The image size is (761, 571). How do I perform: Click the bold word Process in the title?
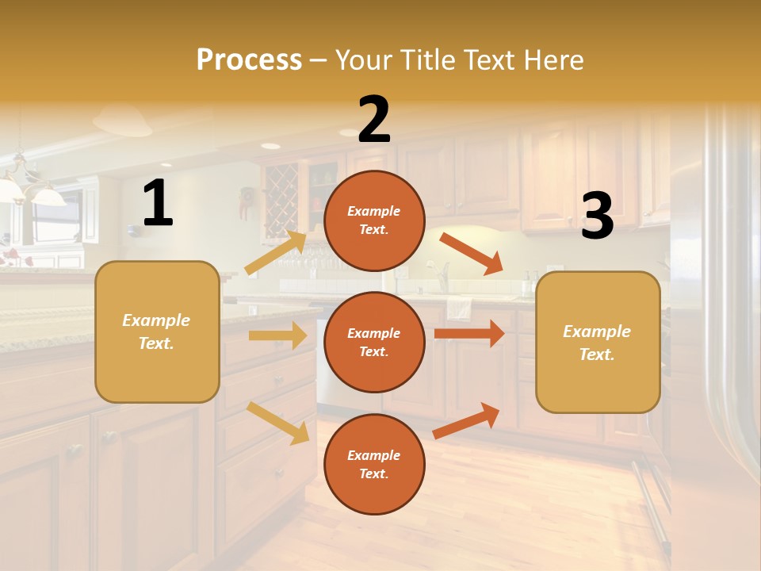(249, 60)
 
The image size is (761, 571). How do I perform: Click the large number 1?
(158, 204)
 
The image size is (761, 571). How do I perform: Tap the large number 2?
(374, 120)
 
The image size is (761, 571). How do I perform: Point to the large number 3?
(597, 217)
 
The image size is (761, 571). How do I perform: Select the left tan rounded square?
(157, 331)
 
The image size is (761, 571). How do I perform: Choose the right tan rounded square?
(598, 342)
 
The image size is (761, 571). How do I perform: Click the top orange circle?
(374, 220)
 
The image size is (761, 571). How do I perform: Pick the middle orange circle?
(374, 342)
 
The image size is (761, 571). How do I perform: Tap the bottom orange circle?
(374, 464)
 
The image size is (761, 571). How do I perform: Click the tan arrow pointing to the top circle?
(276, 252)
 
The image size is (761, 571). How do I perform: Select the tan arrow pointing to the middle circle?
(277, 335)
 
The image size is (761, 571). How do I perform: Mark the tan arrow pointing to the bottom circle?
(277, 423)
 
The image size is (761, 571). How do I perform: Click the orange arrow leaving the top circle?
(471, 253)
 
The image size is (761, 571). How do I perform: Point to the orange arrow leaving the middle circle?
(469, 333)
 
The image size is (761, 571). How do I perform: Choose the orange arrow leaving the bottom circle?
(466, 420)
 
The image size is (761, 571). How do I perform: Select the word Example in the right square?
(597, 331)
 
